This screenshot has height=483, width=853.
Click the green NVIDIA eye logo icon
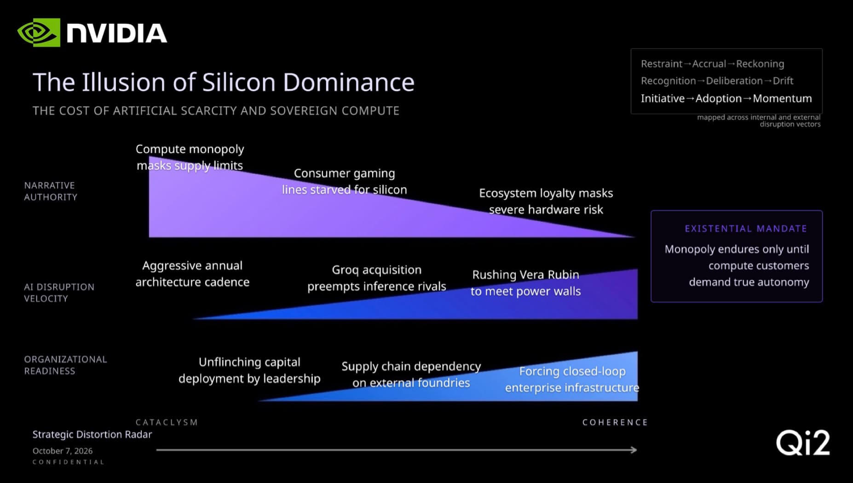click(39, 32)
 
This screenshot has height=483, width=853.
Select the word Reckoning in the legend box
click(760, 64)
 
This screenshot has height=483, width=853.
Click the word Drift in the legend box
click(783, 80)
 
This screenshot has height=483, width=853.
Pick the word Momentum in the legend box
click(782, 98)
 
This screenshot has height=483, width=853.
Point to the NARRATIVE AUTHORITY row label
click(51, 191)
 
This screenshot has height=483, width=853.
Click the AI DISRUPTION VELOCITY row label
click(59, 293)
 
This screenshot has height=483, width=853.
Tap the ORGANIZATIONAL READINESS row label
click(65, 365)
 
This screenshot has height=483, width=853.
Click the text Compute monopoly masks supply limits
click(190, 157)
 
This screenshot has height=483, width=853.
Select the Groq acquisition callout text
click(377, 278)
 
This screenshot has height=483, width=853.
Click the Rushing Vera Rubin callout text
click(525, 283)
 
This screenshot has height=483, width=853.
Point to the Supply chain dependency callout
click(411, 374)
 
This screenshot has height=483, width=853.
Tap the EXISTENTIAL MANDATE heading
click(746, 229)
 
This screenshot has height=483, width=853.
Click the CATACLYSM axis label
click(167, 422)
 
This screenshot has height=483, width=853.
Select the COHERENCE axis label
click(615, 422)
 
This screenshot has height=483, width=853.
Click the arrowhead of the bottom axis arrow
click(634, 450)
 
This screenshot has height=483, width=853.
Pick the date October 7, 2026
click(63, 451)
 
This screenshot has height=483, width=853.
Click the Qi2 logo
click(803, 443)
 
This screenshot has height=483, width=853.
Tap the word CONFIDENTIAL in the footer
click(69, 462)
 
